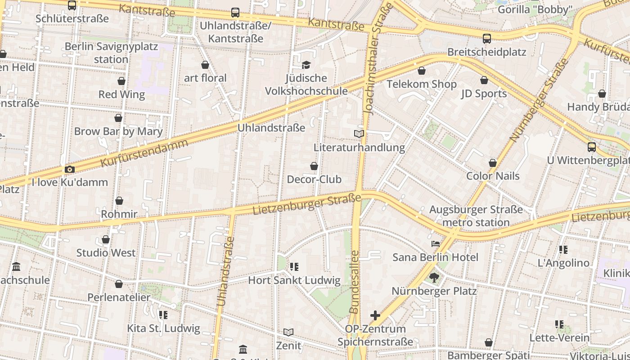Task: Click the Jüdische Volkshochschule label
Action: pyautogui.click(x=306, y=85)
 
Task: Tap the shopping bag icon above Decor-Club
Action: pyautogui.click(x=314, y=166)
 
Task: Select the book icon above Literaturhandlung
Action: pyautogui.click(x=359, y=134)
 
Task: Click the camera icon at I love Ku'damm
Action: pyautogui.click(x=70, y=169)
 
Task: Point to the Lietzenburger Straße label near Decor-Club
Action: pyautogui.click(x=307, y=204)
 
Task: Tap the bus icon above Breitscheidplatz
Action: pyautogui.click(x=486, y=38)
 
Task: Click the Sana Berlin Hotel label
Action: pyautogui.click(x=435, y=257)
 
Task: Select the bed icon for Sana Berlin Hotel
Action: pyautogui.click(x=435, y=244)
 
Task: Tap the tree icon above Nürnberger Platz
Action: pyautogui.click(x=434, y=277)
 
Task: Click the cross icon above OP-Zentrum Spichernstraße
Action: pyautogui.click(x=375, y=315)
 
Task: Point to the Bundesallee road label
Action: pyautogui.click(x=355, y=282)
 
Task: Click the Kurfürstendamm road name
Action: pyautogui.click(x=144, y=153)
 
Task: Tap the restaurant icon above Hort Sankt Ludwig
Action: pyautogui.click(x=294, y=267)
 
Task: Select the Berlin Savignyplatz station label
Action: pyautogui.click(x=111, y=53)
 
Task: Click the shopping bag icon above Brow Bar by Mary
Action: pyautogui.click(x=118, y=118)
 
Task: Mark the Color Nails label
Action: pyautogui.click(x=493, y=176)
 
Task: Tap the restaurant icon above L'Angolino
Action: pyautogui.click(x=563, y=249)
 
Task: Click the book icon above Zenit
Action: pyautogui.click(x=288, y=332)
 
